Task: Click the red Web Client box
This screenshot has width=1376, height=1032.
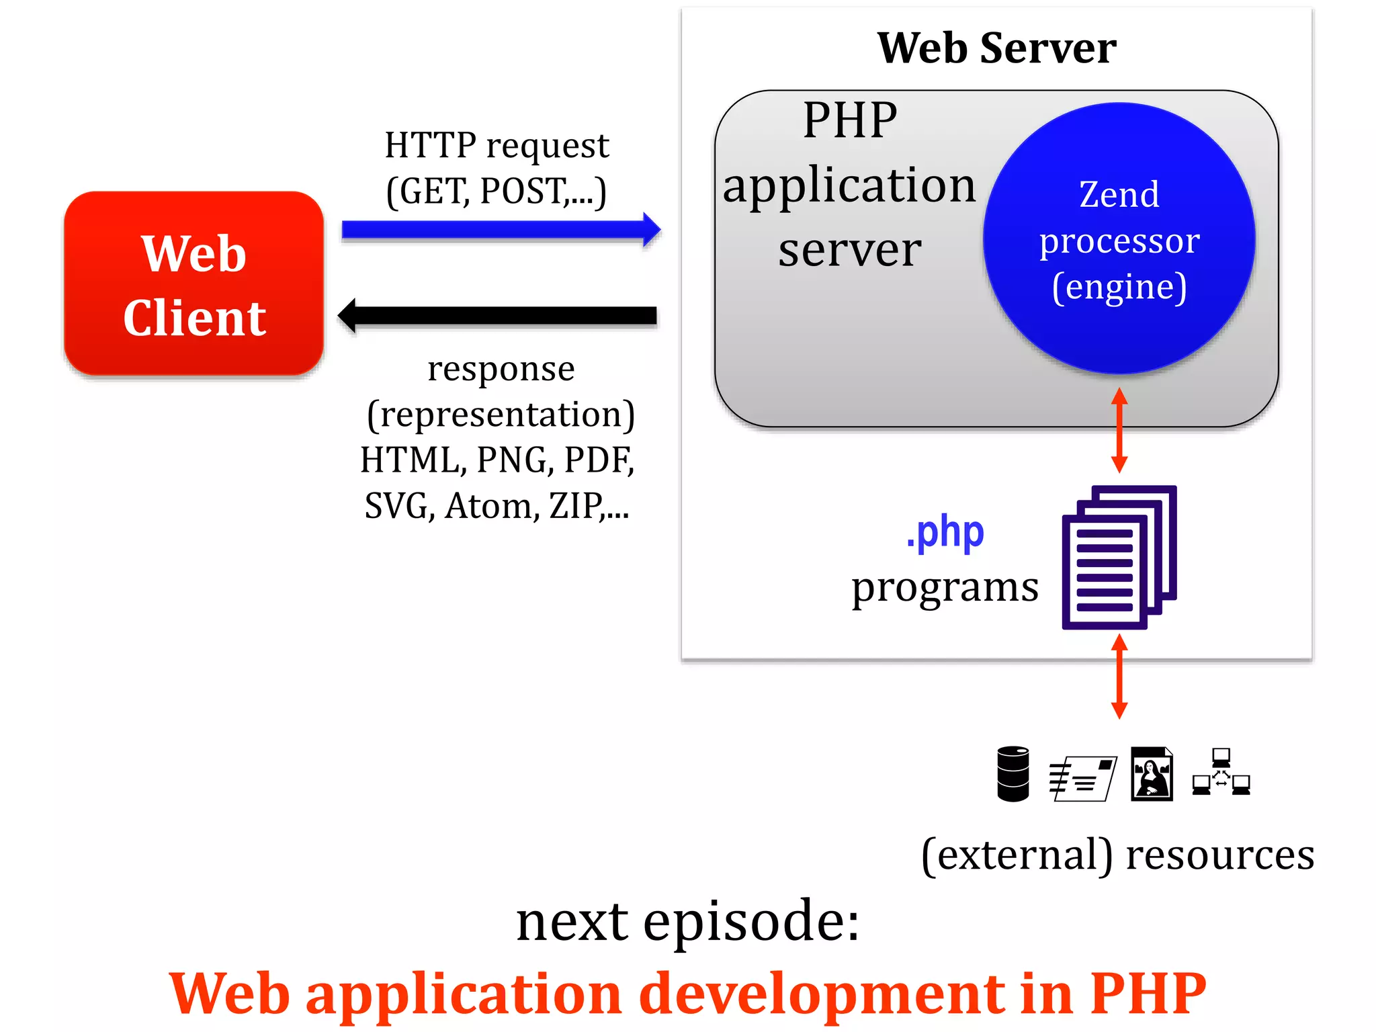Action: tap(193, 284)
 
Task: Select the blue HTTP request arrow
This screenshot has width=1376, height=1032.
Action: tap(500, 230)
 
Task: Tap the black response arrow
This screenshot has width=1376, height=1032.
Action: tap(497, 316)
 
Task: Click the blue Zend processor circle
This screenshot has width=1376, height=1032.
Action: tap(1119, 239)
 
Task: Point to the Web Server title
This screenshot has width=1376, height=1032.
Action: tap(996, 48)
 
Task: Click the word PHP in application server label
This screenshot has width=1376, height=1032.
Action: tap(850, 121)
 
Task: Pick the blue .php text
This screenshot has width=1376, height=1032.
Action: tap(945, 533)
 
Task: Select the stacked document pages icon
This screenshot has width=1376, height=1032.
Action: tap(1119, 558)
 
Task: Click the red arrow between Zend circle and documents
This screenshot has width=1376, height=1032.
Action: tap(1119, 430)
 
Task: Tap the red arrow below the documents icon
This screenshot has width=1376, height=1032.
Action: tap(1119, 676)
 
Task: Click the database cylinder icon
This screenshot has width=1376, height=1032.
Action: tap(1013, 773)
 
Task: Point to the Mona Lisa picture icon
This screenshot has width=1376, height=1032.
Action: tap(1152, 774)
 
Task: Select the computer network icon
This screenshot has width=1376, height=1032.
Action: tap(1221, 773)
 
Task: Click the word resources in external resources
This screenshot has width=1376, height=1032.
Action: tap(1219, 855)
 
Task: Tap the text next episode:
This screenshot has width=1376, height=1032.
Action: tap(687, 920)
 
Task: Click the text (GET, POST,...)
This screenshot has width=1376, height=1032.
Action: tap(497, 191)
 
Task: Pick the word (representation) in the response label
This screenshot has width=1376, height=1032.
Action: tap(501, 415)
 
